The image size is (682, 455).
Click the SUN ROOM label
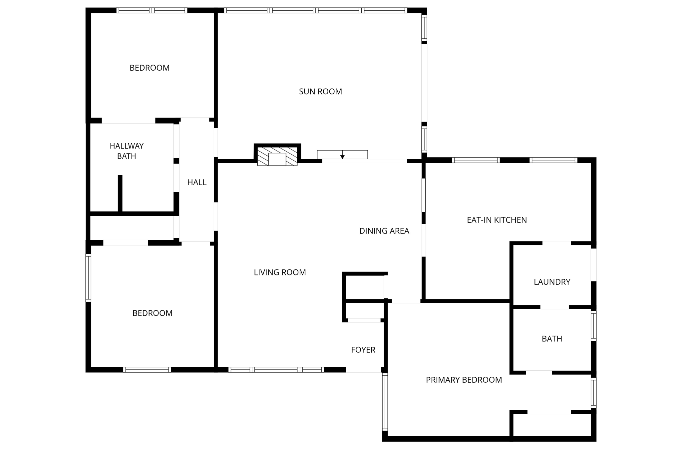pos(320,92)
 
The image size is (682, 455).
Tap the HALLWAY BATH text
pos(127,151)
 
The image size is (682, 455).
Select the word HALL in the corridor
pos(197,183)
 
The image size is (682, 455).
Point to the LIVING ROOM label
pos(280,272)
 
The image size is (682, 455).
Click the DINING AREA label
pos(384,231)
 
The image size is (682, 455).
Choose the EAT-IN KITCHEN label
pos(497,220)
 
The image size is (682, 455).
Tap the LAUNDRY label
pos(552,282)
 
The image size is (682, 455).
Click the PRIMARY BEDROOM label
pos(464,380)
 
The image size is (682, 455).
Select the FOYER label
pos(363,350)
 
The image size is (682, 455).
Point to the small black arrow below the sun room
pos(342,157)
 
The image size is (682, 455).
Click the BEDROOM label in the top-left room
pos(150,68)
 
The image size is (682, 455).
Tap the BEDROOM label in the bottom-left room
pos(152,313)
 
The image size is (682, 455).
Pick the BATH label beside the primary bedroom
pos(552,339)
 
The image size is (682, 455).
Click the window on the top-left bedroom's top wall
pos(152,10)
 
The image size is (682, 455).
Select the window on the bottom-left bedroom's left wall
pos(88,278)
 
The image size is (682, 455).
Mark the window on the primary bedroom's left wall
pos(385,402)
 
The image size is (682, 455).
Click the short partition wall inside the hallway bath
pos(120,193)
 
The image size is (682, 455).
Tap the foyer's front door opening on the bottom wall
pos(363,370)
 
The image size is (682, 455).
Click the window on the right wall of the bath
pos(593,326)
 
